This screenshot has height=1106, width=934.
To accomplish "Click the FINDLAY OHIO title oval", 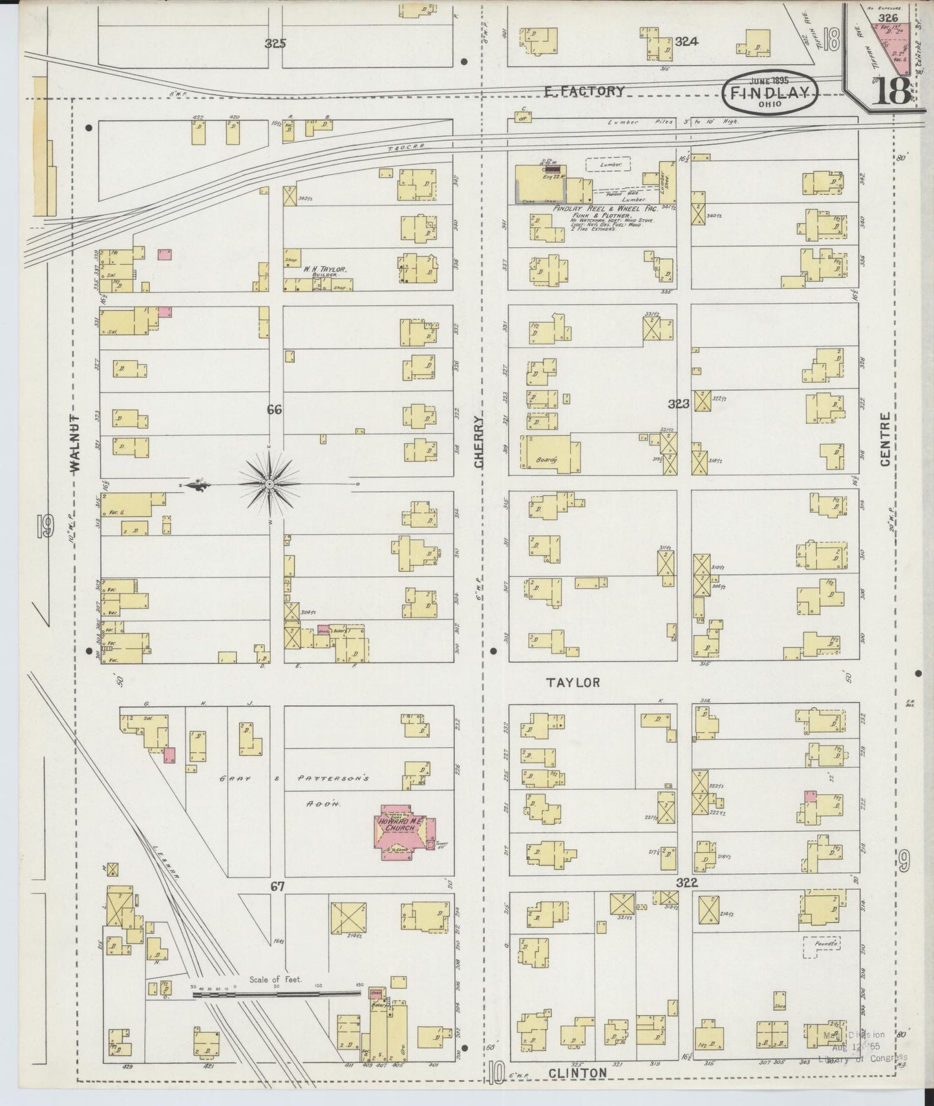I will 770,93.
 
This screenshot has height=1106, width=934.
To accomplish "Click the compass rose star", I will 268,484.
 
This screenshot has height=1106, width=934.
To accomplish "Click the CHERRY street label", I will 479,442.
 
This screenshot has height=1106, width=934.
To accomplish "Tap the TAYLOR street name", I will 573,682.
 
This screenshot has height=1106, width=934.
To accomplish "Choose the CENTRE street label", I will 885,439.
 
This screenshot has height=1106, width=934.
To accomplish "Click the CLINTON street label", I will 577,1072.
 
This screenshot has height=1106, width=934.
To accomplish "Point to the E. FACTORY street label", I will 584,91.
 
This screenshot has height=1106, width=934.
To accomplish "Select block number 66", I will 274,409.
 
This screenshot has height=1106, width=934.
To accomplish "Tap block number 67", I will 277,886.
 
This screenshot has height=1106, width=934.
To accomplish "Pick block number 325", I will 275,44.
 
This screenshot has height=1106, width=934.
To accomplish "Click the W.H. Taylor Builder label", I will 325,270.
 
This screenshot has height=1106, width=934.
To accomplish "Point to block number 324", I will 686,42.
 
